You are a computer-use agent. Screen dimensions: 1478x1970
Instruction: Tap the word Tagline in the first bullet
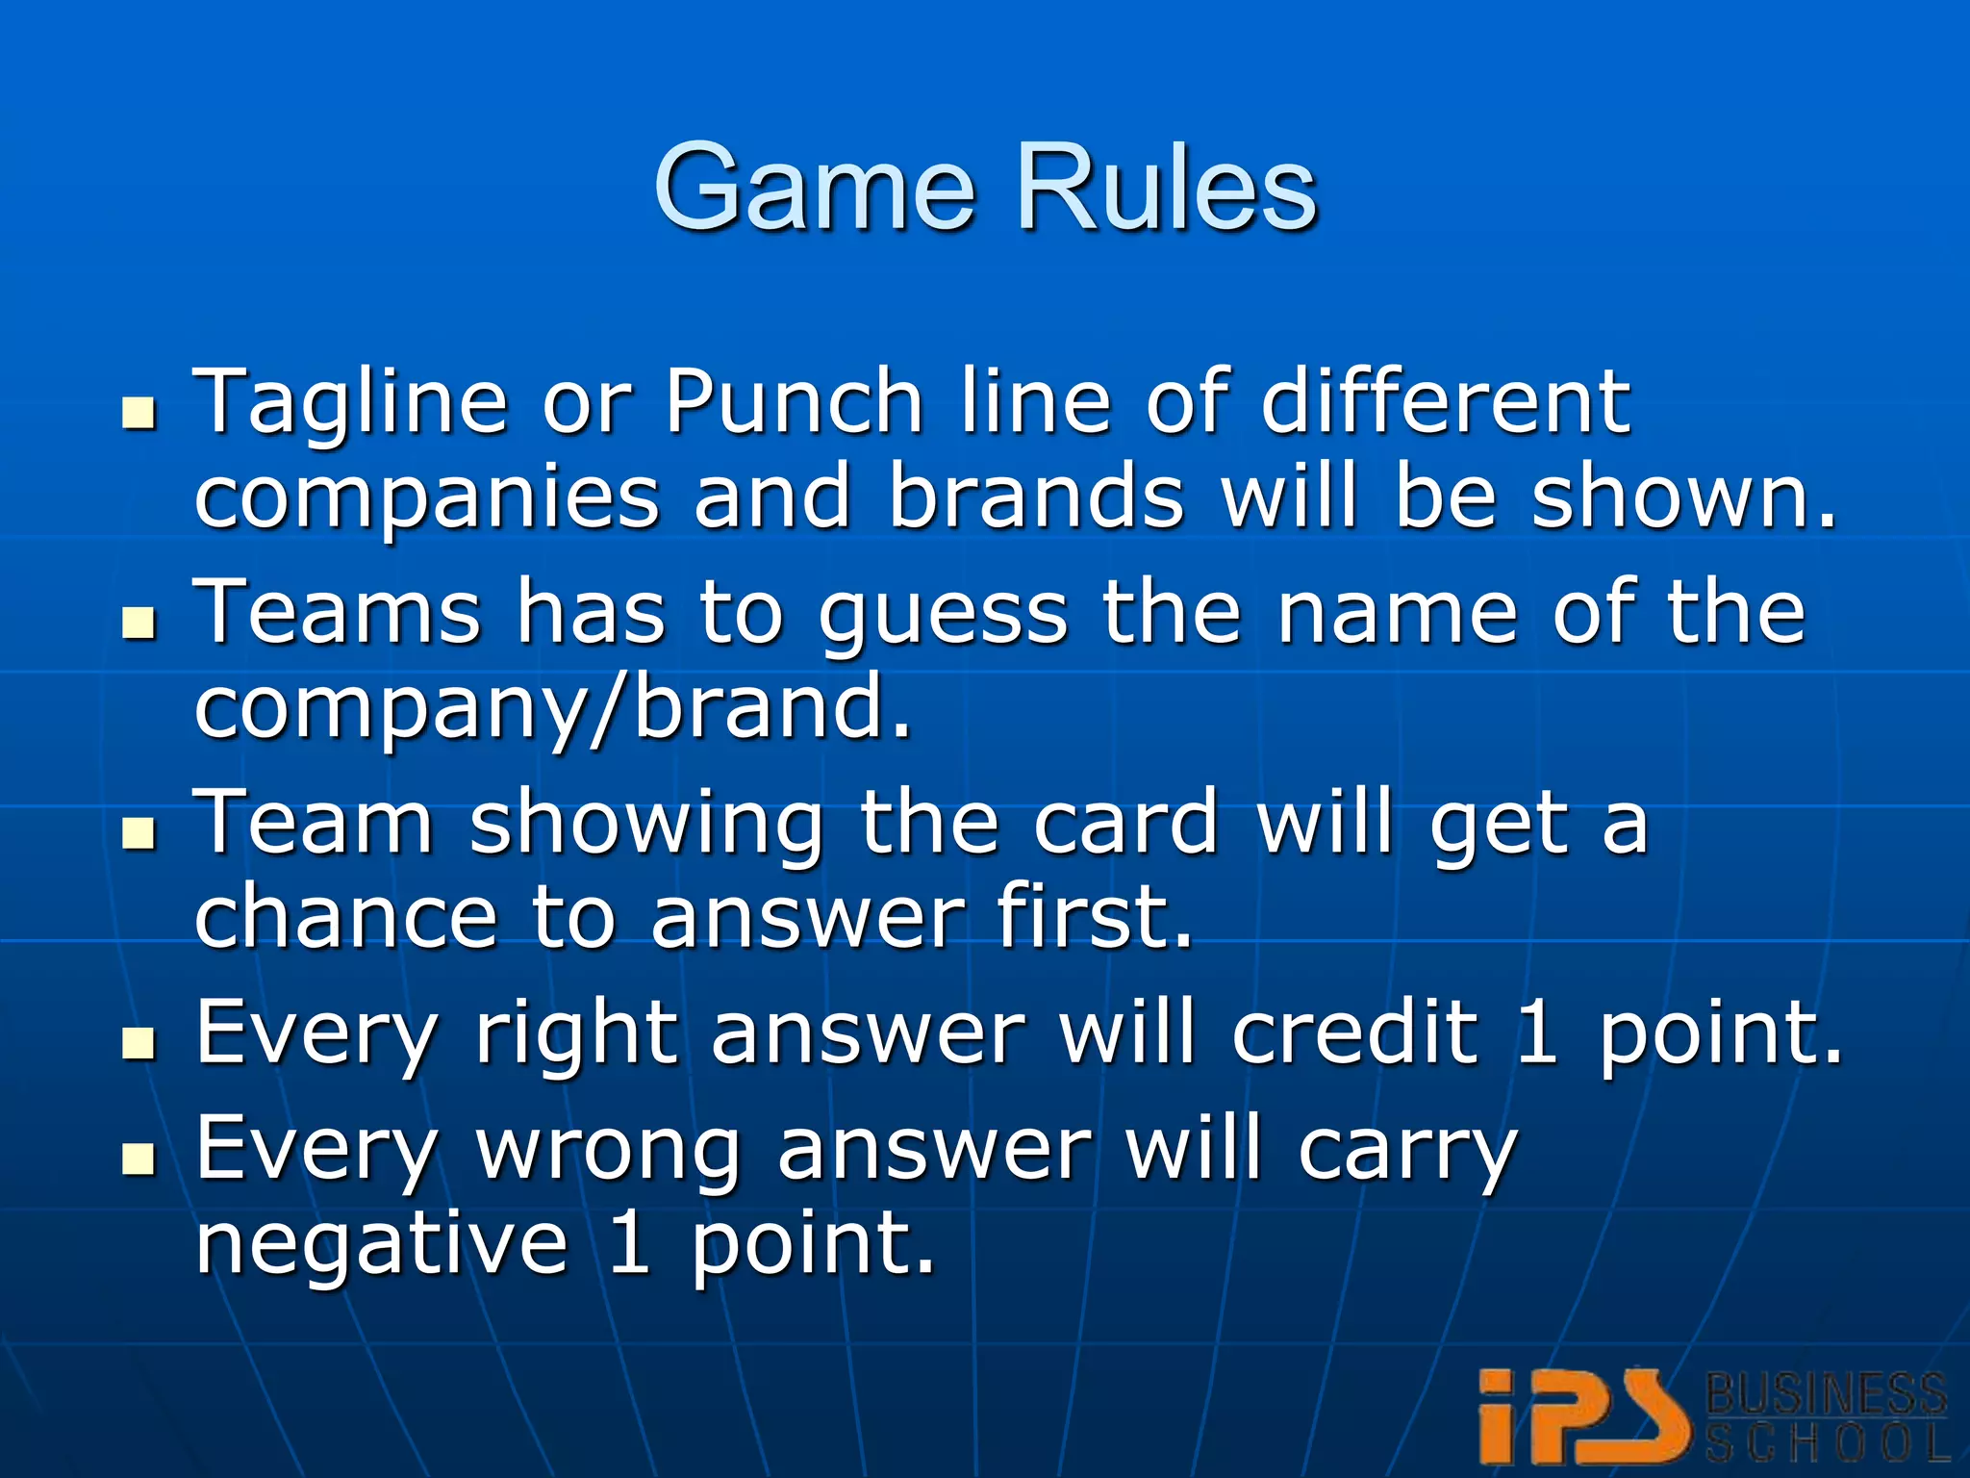tap(350, 404)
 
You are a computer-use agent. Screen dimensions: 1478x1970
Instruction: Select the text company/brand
tap(552, 708)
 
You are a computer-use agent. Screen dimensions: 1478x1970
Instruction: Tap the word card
tap(1125, 823)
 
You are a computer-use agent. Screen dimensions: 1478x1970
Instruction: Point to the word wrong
tap(608, 1149)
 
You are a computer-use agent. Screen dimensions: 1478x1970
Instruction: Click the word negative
tap(382, 1243)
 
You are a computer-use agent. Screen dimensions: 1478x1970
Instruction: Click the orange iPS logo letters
tap(1583, 1416)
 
